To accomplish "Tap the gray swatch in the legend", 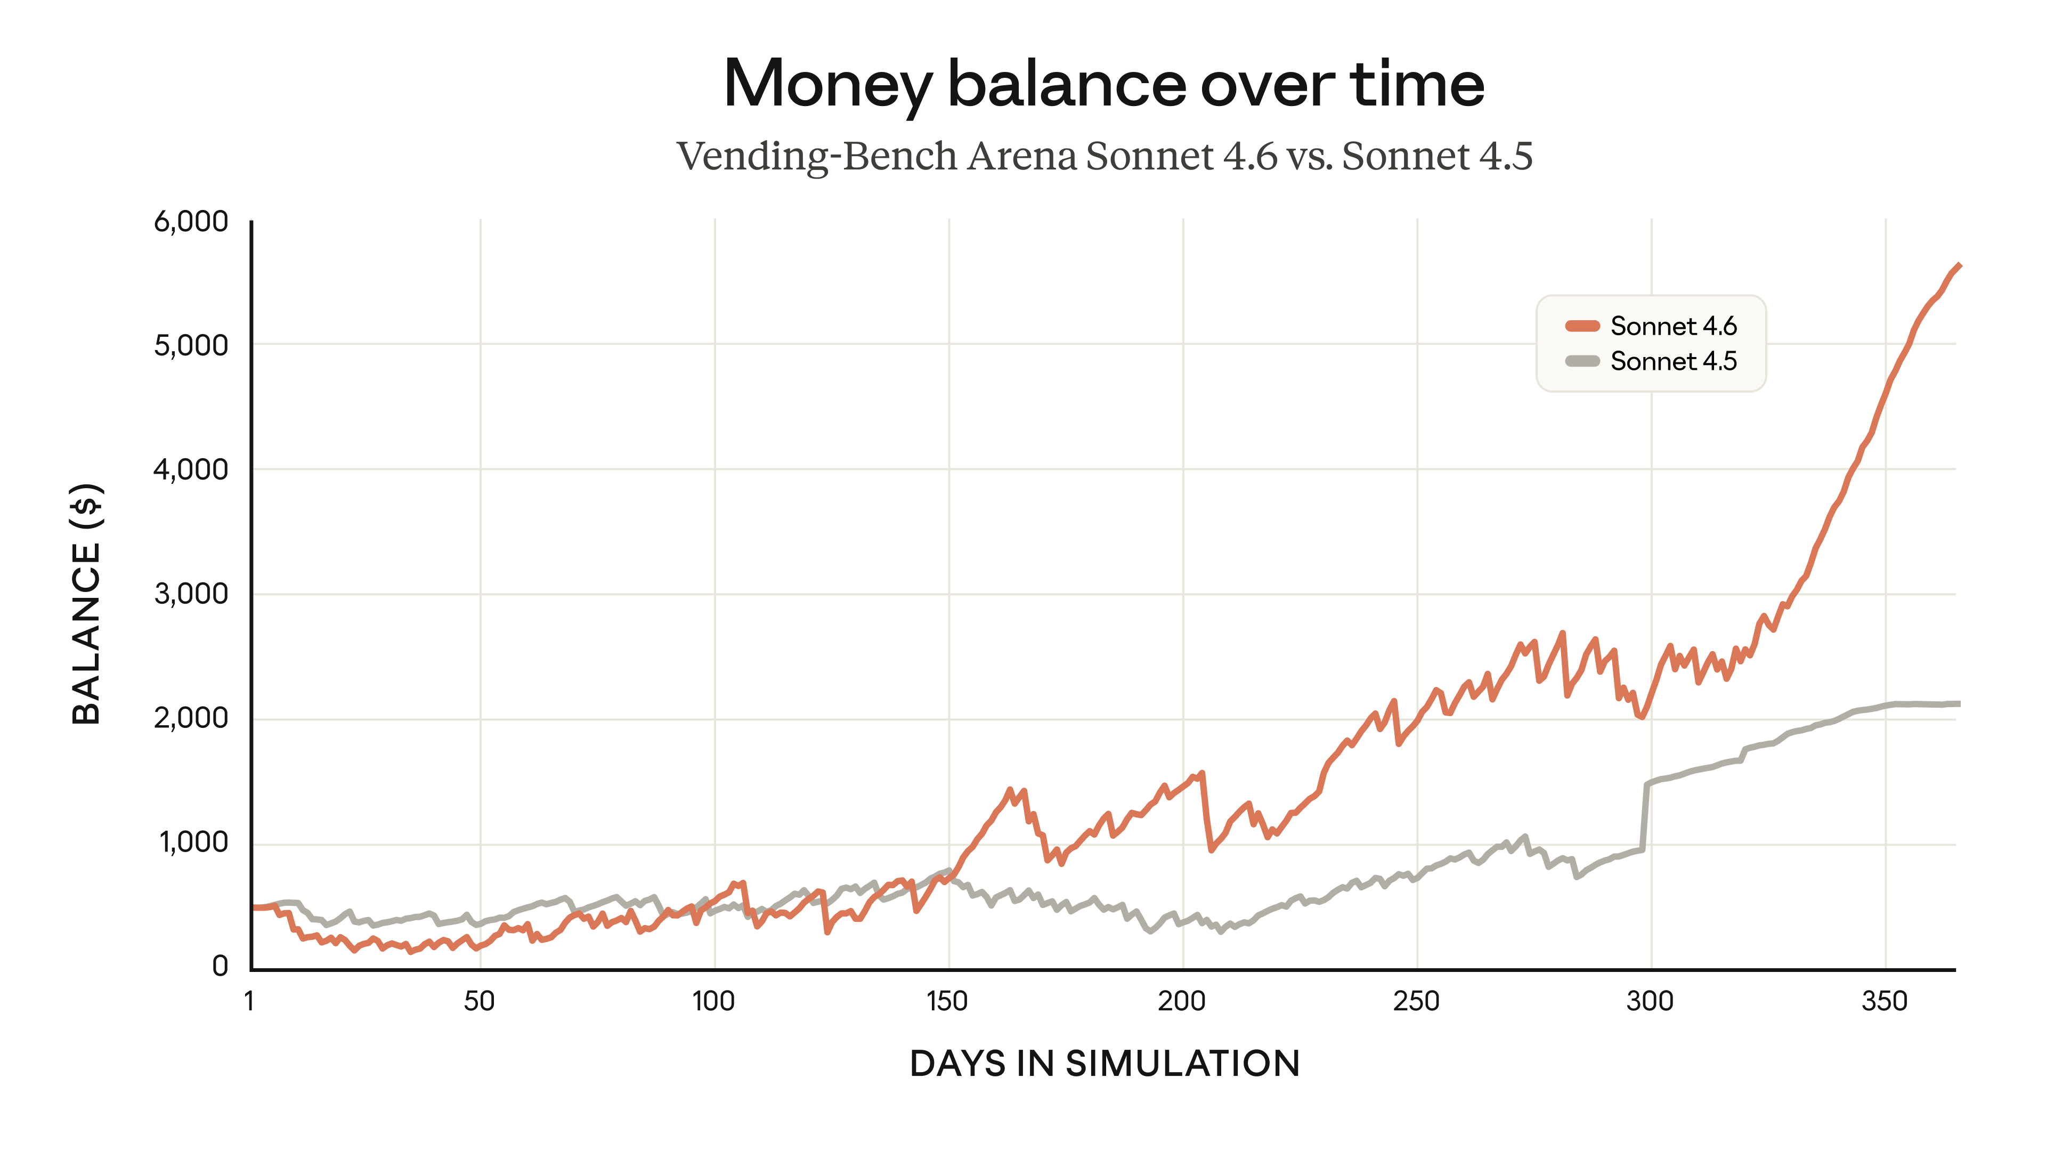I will tap(1581, 361).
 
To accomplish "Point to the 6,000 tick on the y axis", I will tap(191, 222).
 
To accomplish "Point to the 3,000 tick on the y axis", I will tap(191, 594).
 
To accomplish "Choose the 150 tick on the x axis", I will tap(947, 1001).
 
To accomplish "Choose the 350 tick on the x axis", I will tap(1884, 1001).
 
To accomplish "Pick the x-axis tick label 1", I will tap(249, 1001).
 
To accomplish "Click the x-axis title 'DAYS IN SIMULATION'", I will tap(1104, 1064).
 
